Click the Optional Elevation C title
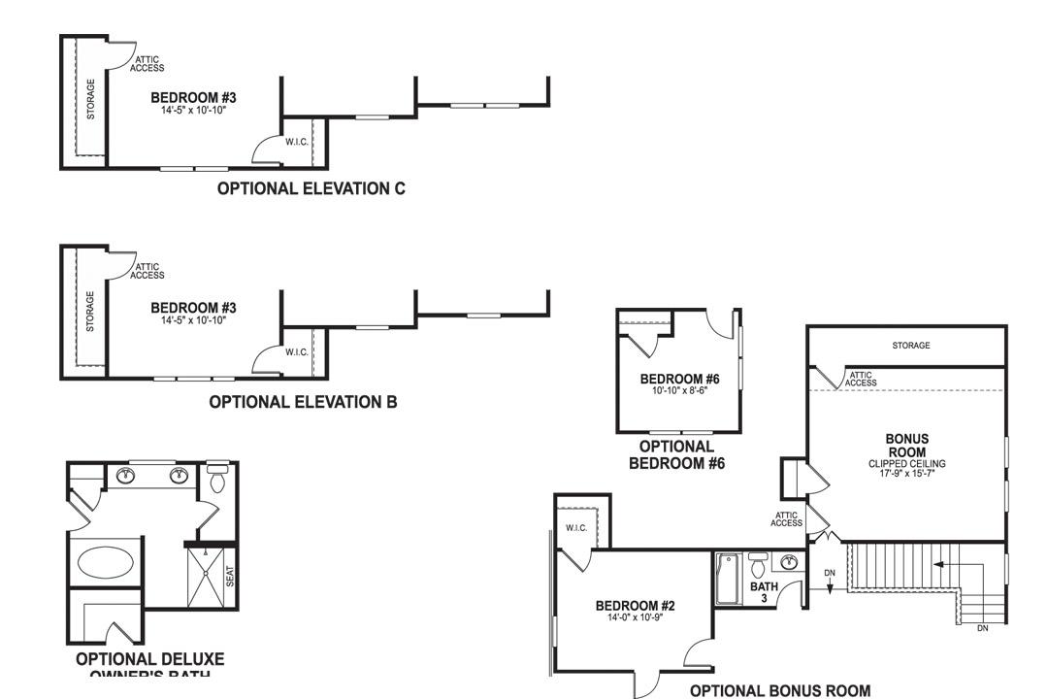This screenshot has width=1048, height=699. [x=311, y=188]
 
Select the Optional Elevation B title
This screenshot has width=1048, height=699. [x=303, y=401]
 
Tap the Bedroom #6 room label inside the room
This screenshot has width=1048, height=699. [x=678, y=383]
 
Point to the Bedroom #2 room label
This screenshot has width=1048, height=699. [x=635, y=610]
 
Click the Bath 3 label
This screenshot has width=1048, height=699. [x=764, y=592]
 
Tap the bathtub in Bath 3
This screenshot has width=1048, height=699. [x=727, y=580]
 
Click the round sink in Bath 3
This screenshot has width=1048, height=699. [x=789, y=562]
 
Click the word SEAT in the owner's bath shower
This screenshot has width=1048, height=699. [x=230, y=576]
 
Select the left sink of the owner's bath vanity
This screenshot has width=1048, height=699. [x=126, y=476]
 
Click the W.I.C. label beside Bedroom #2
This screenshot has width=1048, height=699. [x=576, y=528]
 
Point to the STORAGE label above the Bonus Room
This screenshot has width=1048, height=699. [x=910, y=346]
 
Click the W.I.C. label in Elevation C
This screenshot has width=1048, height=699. [x=297, y=142]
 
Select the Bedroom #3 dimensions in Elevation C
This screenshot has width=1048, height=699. [x=193, y=111]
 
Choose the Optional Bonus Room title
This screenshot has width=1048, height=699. [x=780, y=690]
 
